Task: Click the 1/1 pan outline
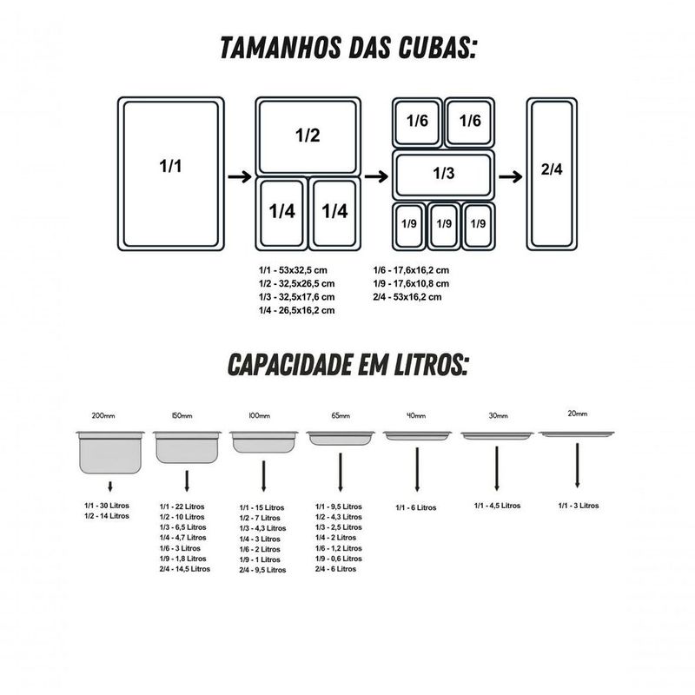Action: [x=171, y=172]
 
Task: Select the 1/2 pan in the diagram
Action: [x=307, y=136]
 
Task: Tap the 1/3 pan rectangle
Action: [x=443, y=174]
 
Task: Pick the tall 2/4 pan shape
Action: [x=552, y=172]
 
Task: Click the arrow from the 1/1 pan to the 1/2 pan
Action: [x=239, y=176]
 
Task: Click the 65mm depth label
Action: [x=340, y=417]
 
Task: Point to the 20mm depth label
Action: [x=577, y=414]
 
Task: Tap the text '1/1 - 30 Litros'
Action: [x=107, y=505]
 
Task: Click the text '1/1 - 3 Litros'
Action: [x=578, y=505]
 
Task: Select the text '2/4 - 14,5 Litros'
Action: [x=185, y=569]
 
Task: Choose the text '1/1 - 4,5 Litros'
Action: [x=498, y=506]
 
